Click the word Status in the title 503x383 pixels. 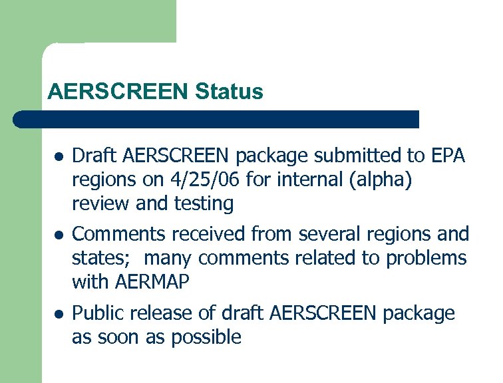coord(230,92)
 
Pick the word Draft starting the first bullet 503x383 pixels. coord(92,156)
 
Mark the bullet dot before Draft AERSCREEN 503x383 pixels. coord(59,158)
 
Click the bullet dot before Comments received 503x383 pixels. coord(59,235)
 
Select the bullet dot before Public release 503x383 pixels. coord(59,314)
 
